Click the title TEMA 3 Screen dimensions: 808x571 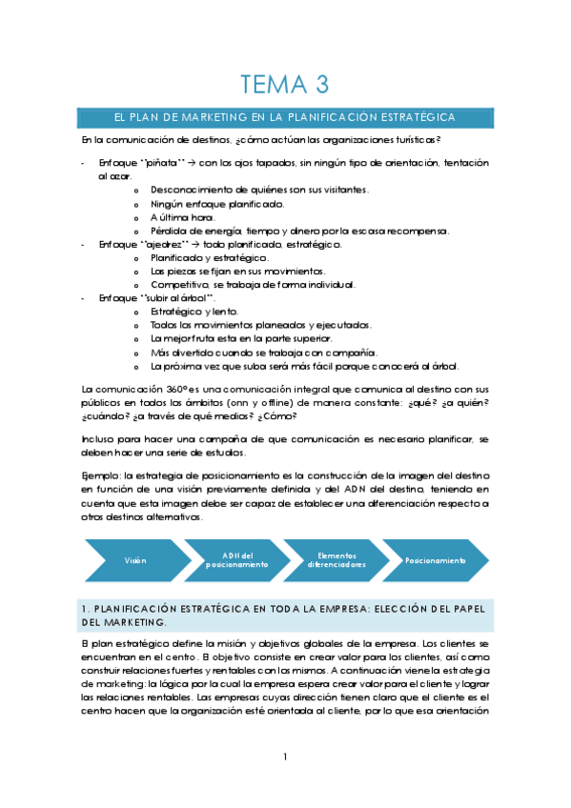pyautogui.click(x=284, y=85)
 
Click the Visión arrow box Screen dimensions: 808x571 pyautogui.click(x=135, y=561)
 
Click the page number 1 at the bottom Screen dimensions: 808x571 pyautogui.click(x=285, y=757)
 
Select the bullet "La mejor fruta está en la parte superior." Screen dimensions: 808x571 pyautogui.click(x=240, y=338)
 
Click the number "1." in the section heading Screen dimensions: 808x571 pyautogui.click(x=87, y=608)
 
